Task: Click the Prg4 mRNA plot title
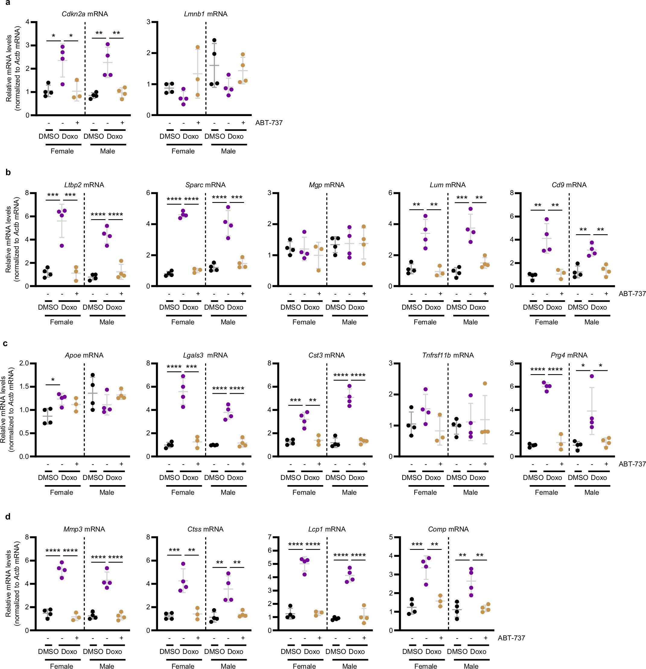tap(569, 355)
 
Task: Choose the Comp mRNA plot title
tap(448, 529)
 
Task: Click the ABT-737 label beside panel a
tap(269, 122)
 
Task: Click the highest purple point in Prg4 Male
tap(592, 376)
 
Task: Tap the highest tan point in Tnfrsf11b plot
tap(485, 383)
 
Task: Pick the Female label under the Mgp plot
tap(304, 322)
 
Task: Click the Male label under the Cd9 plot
tap(591, 322)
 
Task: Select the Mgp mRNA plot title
tap(326, 185)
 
